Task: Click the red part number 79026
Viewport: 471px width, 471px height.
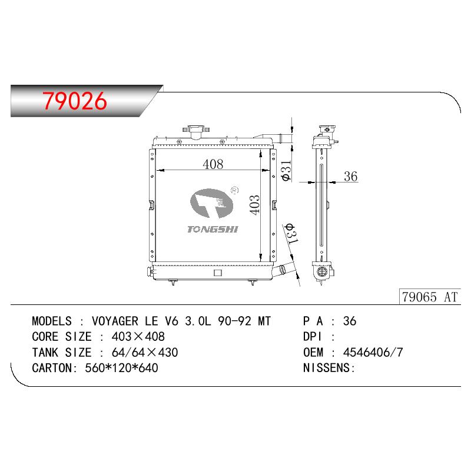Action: point(75,101)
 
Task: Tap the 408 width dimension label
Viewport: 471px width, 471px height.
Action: point(213,164)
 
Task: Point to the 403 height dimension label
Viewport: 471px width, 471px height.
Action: point(254,204)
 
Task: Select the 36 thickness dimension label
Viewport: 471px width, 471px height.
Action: point(350,176)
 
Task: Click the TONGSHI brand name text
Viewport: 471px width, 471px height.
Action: point(213,230)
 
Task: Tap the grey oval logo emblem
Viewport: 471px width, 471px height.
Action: point(211,203)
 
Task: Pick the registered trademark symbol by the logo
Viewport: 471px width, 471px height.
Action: point(234,190)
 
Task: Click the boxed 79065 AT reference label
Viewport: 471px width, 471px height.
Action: point(430,297)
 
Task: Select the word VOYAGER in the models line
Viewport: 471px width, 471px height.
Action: point(115,321)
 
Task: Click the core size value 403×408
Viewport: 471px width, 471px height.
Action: point(138,337)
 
